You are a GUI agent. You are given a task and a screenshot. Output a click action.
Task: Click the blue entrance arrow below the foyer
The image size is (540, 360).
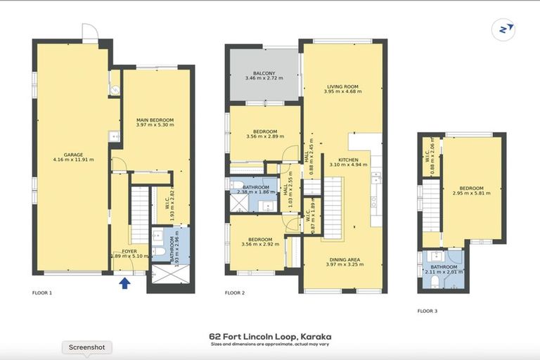(x=125, y=283)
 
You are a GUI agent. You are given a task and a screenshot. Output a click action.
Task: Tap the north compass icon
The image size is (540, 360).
(x=503, y=30)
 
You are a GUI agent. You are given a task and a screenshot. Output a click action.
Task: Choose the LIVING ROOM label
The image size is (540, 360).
(x=342, y=88)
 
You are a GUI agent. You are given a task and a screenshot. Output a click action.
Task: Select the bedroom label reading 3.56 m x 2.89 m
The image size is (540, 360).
(x=265, y=134)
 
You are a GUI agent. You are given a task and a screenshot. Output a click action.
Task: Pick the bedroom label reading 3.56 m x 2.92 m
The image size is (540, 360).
(x=264, y=241)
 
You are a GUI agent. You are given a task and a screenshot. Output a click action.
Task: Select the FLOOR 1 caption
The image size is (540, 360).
(x=42, y=292)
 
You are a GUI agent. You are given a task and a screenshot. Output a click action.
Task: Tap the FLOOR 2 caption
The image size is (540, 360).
(x=235, y=292)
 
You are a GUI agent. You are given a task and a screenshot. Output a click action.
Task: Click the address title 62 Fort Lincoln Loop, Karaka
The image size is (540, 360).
(x=269, y=337)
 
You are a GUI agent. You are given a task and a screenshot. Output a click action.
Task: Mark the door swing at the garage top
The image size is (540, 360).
(x=90, y=32)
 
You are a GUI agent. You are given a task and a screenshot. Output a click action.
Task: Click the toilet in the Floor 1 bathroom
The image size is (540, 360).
(x=159, y=252)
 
